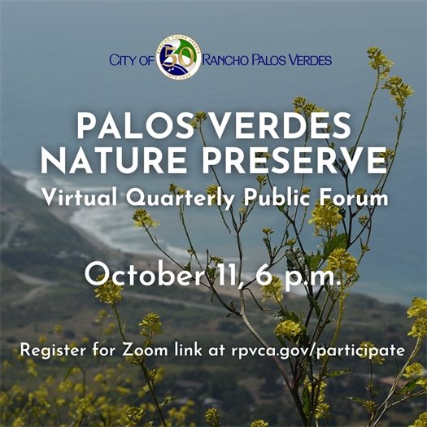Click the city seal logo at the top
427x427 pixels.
(x=178, y=59)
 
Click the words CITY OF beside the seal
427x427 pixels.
(x=131, y=59)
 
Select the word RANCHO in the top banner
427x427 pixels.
(x=229, y=59)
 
